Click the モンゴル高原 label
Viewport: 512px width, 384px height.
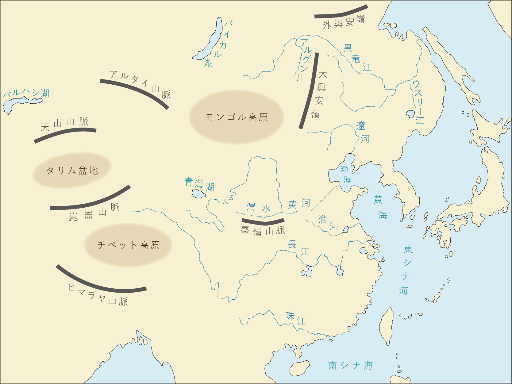236,117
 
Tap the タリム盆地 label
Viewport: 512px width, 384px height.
72,171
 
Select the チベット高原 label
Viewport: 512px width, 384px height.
128,245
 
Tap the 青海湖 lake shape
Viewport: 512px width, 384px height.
198,194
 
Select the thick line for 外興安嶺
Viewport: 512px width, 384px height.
341,14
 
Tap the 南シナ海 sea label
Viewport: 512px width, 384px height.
350,365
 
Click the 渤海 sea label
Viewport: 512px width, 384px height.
345,174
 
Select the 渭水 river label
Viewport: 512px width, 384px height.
258,208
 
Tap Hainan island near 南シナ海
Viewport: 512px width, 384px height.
299,368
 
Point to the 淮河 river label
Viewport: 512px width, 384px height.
328,223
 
